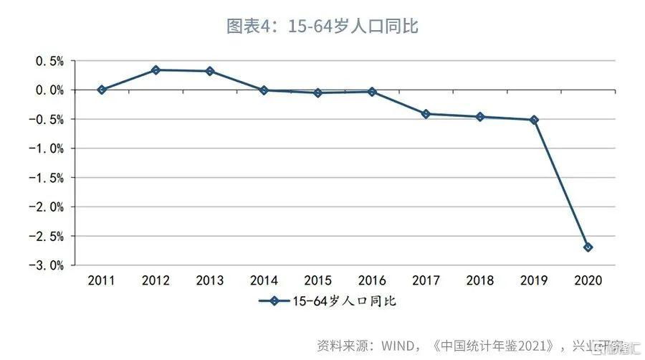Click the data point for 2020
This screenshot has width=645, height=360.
coord(588,247)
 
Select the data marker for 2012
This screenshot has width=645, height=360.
coord(156,70)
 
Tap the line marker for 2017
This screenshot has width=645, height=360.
coord(426,113)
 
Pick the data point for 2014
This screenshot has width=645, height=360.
coord(264,90)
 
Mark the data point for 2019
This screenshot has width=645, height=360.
coord(534,120)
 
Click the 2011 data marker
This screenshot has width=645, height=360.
coord(102,90)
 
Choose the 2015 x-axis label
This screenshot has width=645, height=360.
coord(317,280)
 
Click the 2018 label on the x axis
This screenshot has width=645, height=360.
coord(480,280)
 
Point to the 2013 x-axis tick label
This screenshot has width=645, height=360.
coord(209,280)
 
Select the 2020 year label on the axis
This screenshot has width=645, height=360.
coord(588,280)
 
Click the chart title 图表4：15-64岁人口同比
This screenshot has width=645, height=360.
coord(322,27)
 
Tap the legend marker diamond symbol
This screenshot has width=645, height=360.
coord(273,301)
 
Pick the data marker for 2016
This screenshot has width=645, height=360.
coord(372,92)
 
